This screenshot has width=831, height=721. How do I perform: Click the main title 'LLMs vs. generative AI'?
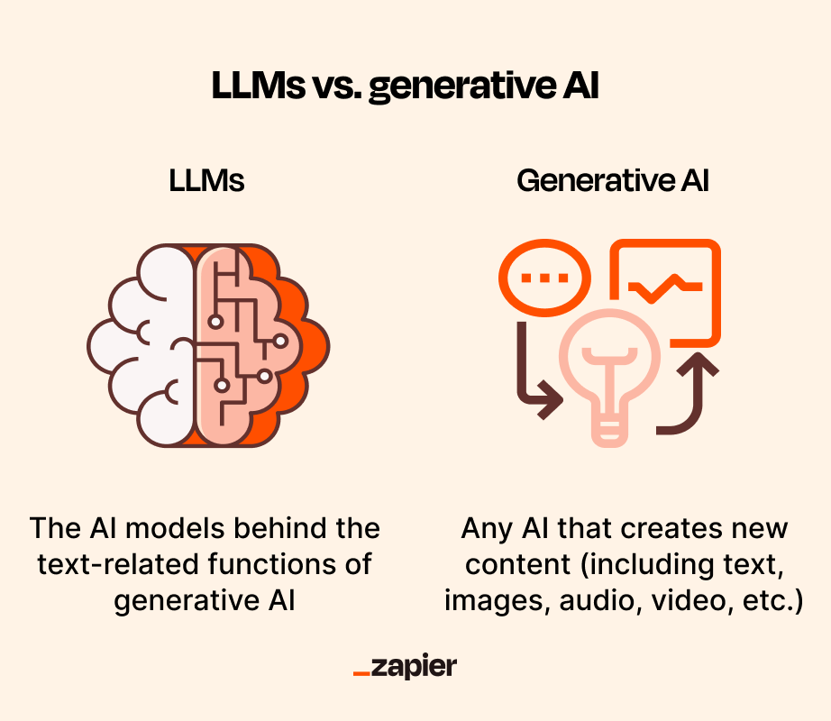pyautogui.click(x=405, y=87)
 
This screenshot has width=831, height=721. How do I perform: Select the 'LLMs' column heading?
pyautogui.click(x=206, y=180)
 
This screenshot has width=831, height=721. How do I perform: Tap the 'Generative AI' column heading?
pyautogui.click(x=612, y=180)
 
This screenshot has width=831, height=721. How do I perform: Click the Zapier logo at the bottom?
pyautogui.click(x=405, y=667)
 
